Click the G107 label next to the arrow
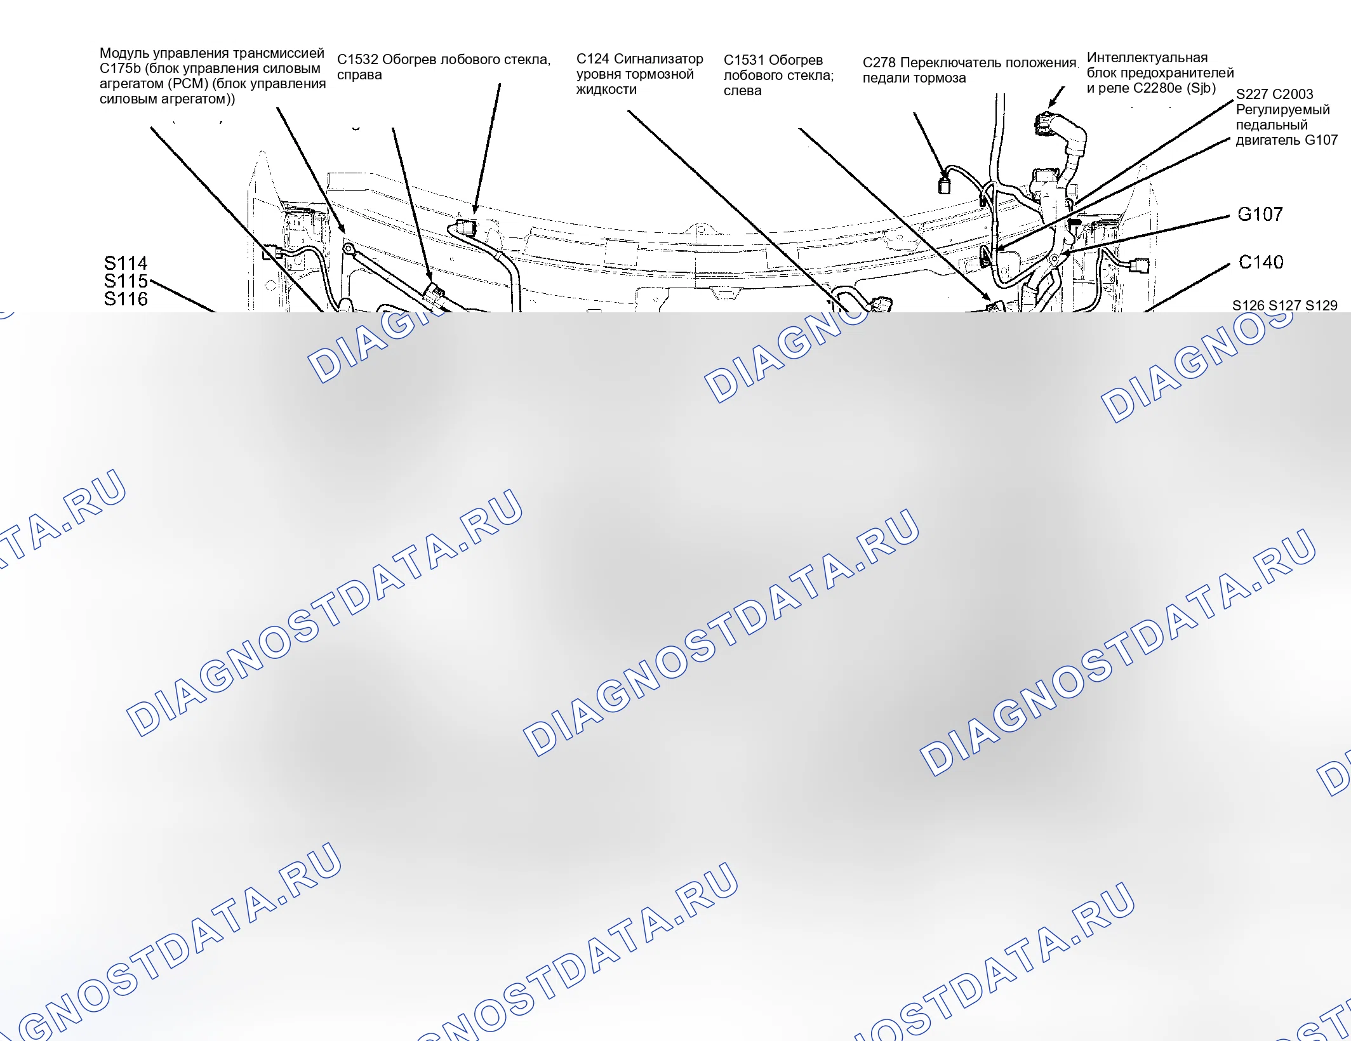tap(1260, 215)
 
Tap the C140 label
tap(1261, 262)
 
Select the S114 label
tap(126, 263)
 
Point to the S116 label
tap(126, 299)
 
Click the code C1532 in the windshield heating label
tap(357, 60)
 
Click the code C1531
tap(744, 60)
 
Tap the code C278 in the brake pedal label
tap(879, 63)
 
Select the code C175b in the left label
tap(121, 69)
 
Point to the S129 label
tap(1321, 305)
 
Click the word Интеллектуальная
tap(1147, 58)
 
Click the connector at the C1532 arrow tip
tap(466, 227)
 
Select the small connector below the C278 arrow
tap(944, 185)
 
